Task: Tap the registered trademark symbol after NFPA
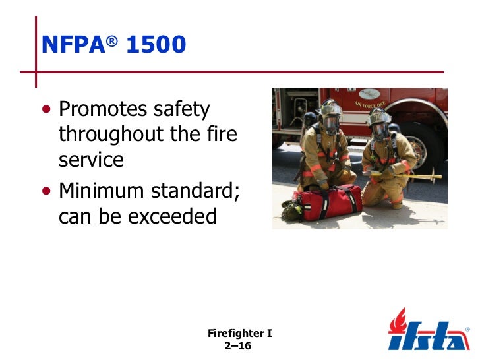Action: coord(113,38)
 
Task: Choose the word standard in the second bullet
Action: coord(196,191)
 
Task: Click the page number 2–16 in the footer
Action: coord(239,345)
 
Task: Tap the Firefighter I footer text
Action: coord(239,334)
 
